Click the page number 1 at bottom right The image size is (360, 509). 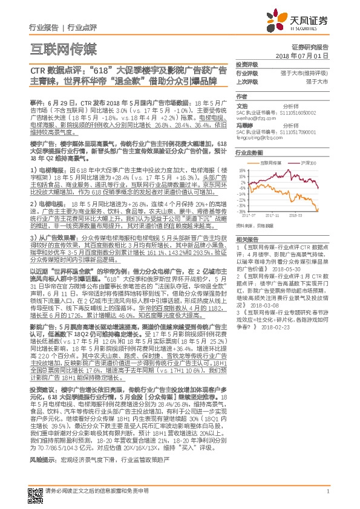(x=327, y=492)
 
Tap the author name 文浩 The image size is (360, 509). (x=241, y=105)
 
